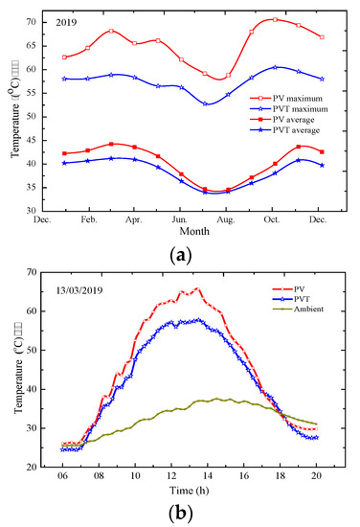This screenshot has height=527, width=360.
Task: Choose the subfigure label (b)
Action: coord(179,512)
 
